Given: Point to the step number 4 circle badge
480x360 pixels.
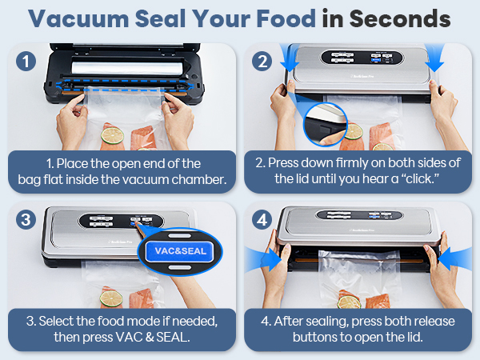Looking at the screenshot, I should [262, 218].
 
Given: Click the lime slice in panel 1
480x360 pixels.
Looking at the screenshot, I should [112, 133].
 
